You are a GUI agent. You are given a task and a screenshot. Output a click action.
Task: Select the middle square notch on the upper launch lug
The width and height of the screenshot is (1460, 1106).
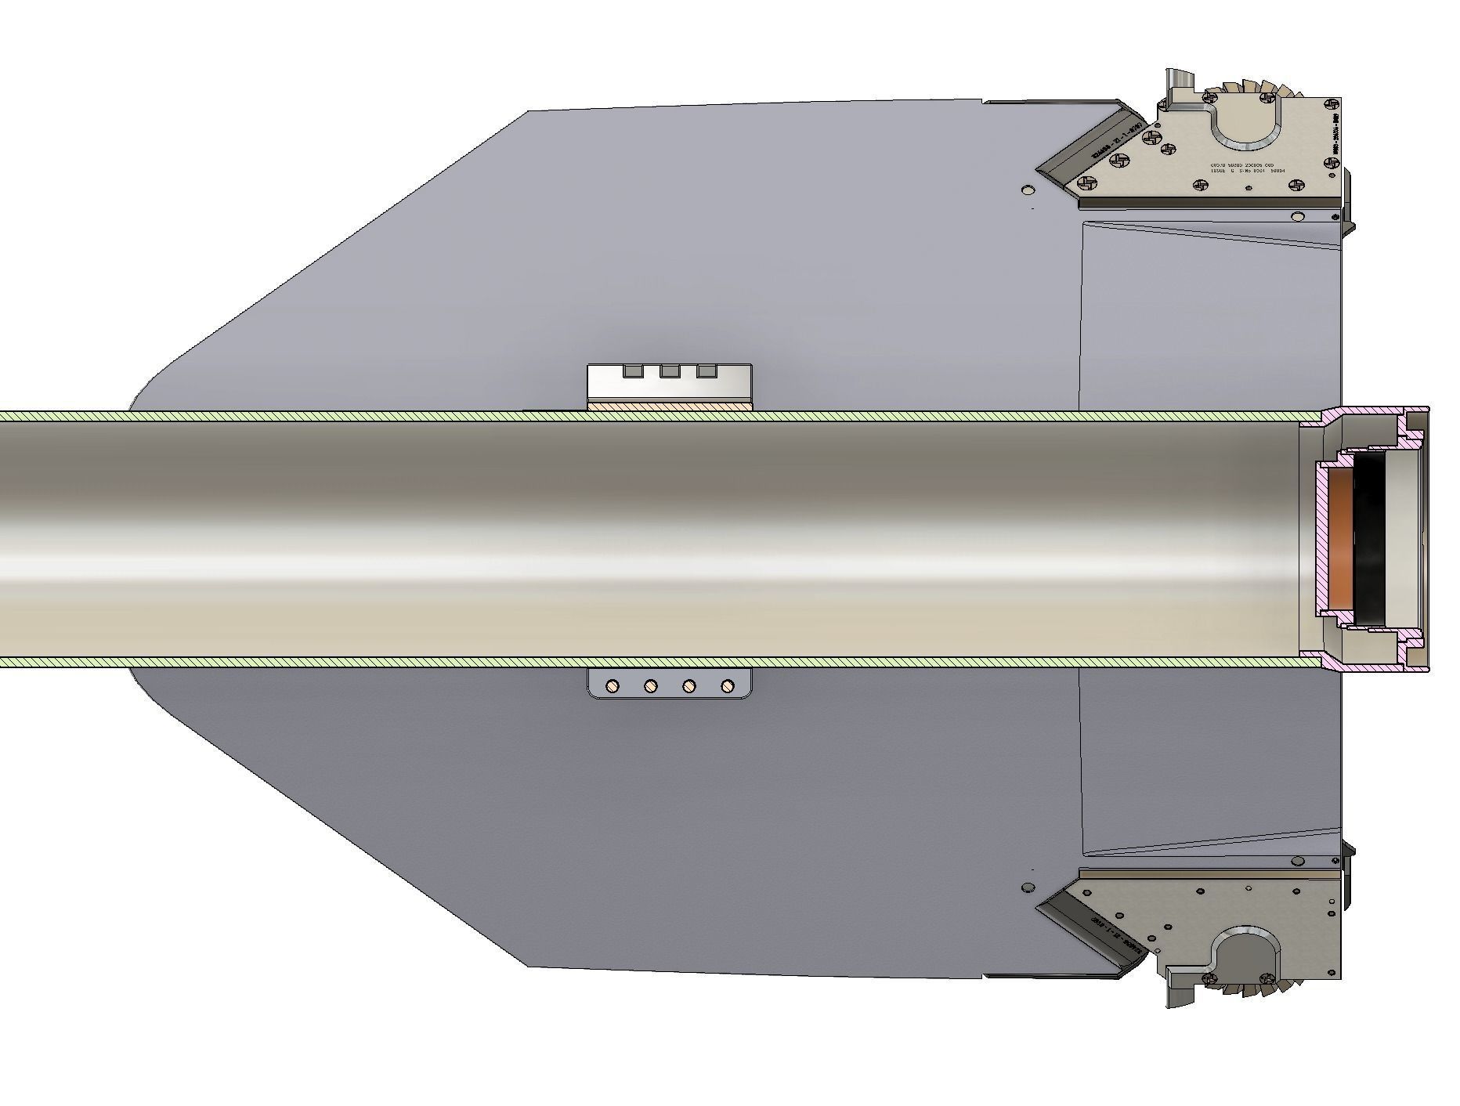click(670, 371)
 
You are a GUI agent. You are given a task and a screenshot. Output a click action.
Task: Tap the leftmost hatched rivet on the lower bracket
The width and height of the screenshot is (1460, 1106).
click(613, 687)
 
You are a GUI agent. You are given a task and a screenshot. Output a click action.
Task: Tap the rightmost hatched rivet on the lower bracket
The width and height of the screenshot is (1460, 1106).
click(728, 687)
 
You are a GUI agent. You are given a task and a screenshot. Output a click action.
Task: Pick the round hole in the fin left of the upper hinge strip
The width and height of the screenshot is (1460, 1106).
click(1028, 190)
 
